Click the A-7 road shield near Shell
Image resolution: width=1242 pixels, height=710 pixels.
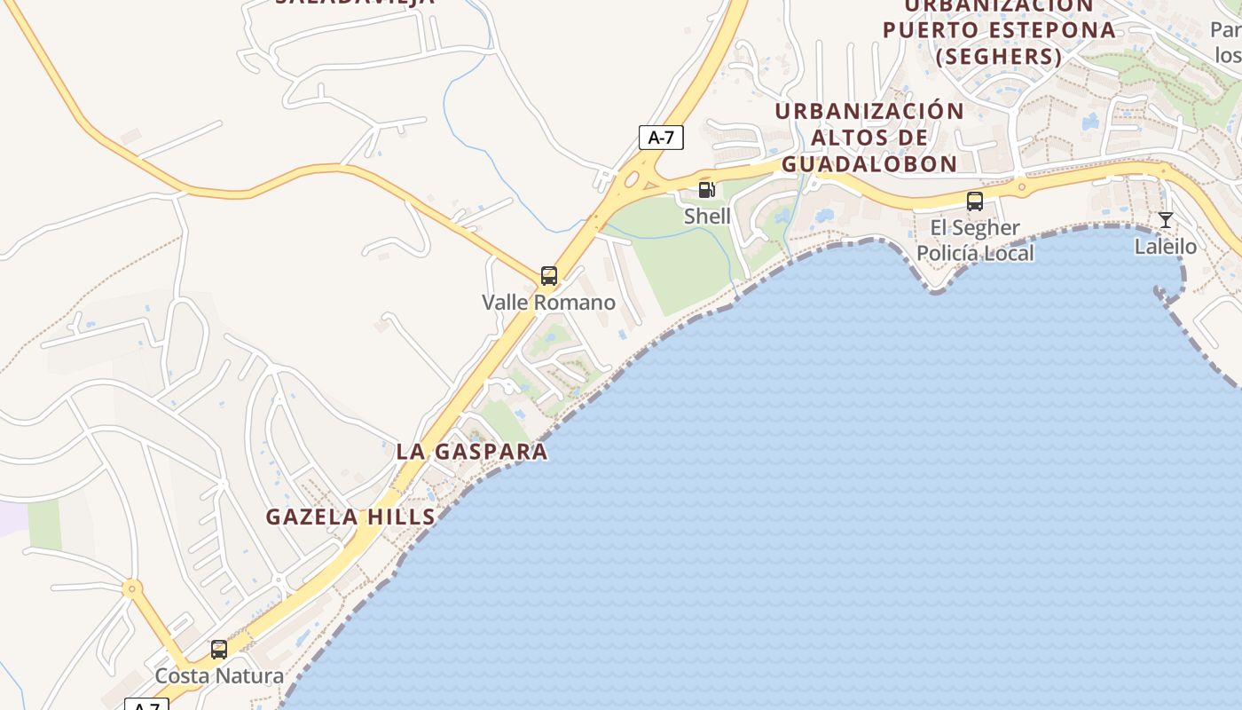(x=661, y=138)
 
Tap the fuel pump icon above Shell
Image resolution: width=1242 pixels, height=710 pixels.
(x=707, y=189)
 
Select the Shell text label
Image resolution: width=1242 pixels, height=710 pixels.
(x=707, y=216)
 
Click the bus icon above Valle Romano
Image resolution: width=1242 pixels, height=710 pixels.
(x=549, y=276)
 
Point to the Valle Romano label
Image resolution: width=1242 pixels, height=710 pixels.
(x=548, y=303)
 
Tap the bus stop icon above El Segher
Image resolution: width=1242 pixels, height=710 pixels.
(x=975, y=201)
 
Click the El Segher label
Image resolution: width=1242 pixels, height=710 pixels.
(x=975, y=228)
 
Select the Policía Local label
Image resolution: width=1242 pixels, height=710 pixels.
(x=975, y=253)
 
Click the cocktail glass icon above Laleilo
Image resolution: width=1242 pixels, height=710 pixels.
(x=1166, y=220)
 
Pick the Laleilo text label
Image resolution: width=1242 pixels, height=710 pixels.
(x=1166, y=246)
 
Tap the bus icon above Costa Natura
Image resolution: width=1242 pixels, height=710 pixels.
(x=219, y=650)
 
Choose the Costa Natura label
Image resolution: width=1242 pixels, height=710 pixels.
(x=219, y=676)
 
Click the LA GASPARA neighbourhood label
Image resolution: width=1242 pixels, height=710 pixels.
(x=472, y=451)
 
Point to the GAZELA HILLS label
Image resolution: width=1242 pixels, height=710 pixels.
(x=350, y=517)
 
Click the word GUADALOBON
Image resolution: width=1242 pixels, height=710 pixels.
(x=869, y=164)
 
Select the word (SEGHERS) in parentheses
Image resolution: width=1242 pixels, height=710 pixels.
(x=999, y=57)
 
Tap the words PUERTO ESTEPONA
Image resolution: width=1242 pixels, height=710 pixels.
(x=999, y=29)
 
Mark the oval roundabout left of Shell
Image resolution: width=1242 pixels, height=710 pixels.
(x=631, y=180)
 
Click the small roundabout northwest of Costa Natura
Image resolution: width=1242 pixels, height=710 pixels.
(x=132, y=588)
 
